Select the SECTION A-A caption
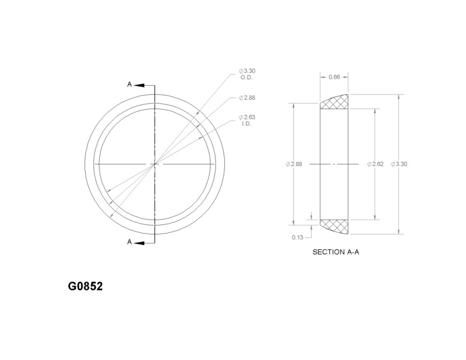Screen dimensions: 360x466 pos(335,253)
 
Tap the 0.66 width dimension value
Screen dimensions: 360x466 pos(334,77)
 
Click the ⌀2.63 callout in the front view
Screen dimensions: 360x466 pos(247,117)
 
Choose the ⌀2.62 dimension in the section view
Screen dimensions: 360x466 pos(375,164)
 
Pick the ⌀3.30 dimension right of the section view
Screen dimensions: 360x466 pos(399,164)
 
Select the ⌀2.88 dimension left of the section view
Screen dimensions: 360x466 pos(294,164)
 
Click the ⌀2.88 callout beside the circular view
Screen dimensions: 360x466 pos(247,97)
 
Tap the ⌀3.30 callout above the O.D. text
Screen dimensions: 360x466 pos(247,70)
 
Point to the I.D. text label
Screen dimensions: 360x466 pos(246,123)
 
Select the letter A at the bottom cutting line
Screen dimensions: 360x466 pos(129,242)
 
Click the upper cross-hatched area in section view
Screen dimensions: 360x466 pos(336,103)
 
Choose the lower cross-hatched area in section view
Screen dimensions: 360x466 pos(336,225)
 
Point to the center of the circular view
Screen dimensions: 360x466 pos(154,164)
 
